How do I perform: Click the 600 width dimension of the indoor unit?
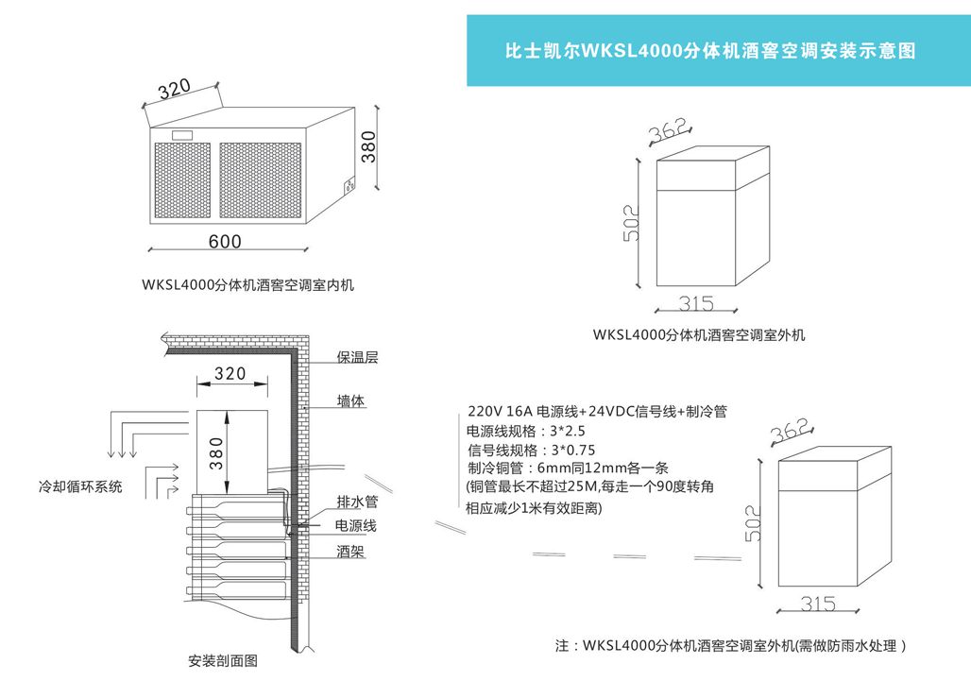click(x=225, y=241)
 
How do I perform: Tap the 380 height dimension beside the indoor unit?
click(x=370, y=146)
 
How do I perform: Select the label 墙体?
click(x=351, y=401)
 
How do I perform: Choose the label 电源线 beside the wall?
click(x=356, y=525)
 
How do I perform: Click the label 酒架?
click(x=350, y=551)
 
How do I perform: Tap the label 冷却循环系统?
click(x=80, y=486)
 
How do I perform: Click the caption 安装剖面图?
click(x=223, y=660)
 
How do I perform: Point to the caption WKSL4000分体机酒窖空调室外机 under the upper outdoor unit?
click(x=699, y=334)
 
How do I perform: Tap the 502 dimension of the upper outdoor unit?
click(x=632, y=224)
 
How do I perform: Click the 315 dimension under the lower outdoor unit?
click(x=819, y=603)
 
